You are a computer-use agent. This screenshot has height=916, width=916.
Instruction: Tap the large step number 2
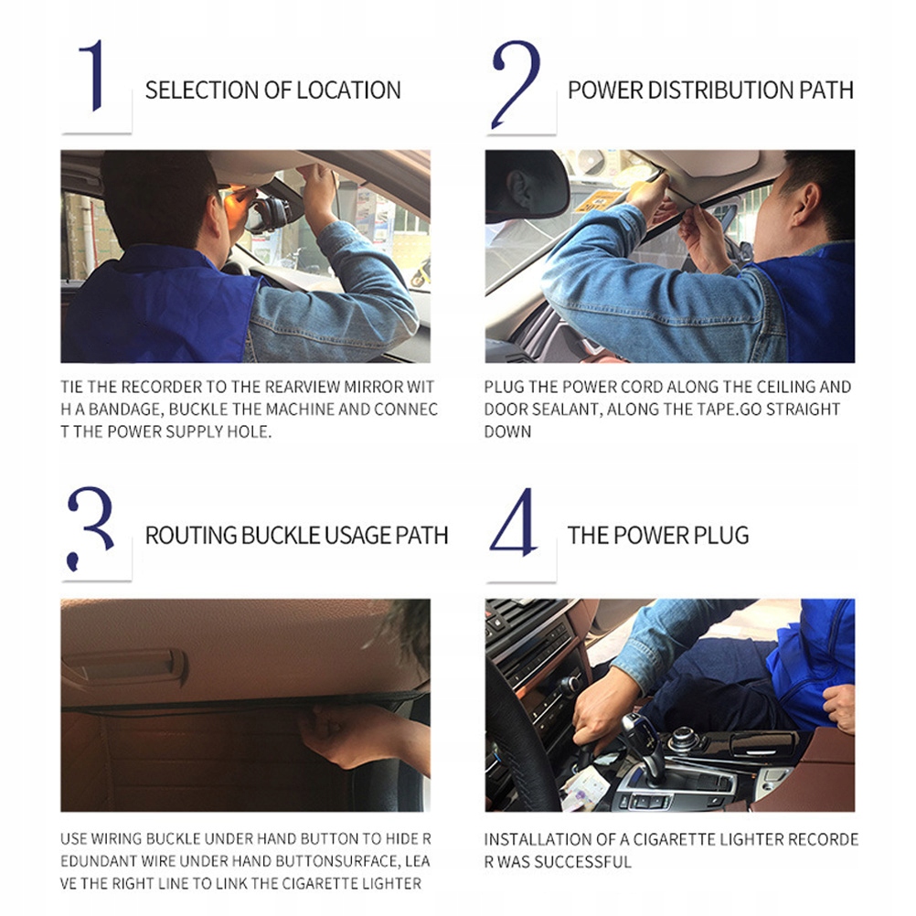(517, 84)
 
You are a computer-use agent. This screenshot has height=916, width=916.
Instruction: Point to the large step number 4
(514, 522)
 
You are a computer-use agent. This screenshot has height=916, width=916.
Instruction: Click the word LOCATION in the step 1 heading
(348, 91)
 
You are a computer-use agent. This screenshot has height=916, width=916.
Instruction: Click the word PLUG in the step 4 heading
(721, 535)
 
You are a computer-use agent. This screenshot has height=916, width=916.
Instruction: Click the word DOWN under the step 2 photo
(507, 431)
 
